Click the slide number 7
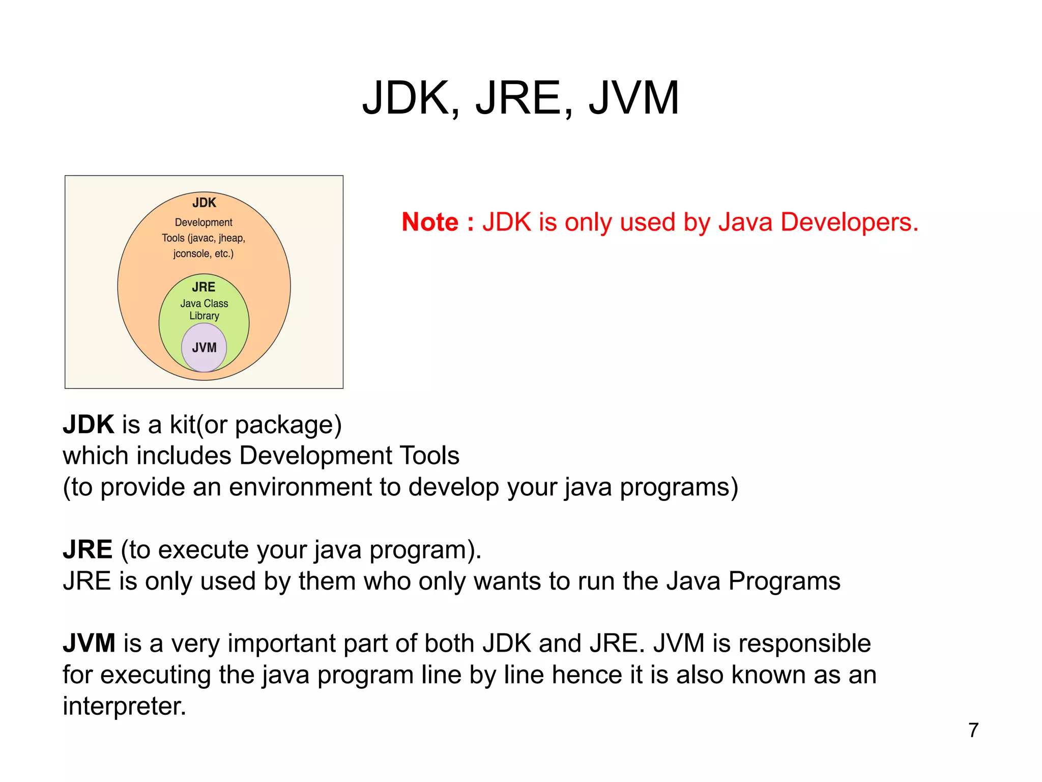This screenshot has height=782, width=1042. point(973,730)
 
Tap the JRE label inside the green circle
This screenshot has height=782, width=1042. point(204,287)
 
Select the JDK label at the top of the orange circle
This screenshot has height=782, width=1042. point(204,203)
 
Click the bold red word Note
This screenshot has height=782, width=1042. point(430,222)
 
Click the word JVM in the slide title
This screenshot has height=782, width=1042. point(633,98)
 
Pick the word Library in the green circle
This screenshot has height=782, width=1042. point(204,316)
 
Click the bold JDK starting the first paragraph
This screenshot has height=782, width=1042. point(89,425)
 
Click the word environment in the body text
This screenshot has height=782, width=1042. point(300,487)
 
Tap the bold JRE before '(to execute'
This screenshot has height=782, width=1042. point(88,550)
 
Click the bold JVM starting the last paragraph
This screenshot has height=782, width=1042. point(89,644)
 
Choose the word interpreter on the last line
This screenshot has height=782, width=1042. point(124,707)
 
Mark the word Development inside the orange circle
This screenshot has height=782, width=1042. point(204,222)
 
